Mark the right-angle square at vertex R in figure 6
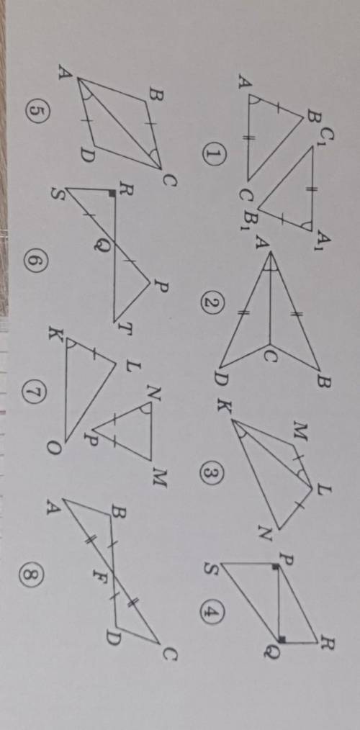coord(112,192)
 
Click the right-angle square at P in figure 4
coord(276,566)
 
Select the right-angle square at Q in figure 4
coord(282,639)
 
